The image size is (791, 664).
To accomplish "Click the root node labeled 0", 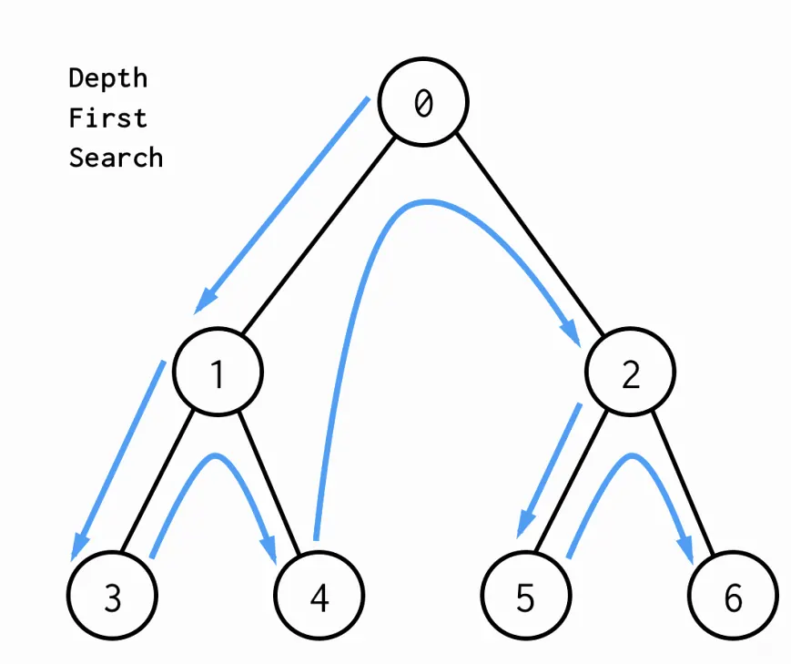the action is pos(423,102).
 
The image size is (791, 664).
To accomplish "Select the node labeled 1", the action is pos(218,372).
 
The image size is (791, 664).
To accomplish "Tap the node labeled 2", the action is pos(630,372).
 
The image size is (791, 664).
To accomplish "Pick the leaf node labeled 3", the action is pos(113,596).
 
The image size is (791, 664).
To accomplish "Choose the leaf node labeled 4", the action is pos(319,596).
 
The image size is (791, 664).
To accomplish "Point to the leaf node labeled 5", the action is pos(526,596).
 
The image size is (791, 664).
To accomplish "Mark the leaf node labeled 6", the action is pos(733,596).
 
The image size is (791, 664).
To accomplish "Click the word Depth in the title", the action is pos(108,78).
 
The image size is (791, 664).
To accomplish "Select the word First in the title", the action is pos(108,118).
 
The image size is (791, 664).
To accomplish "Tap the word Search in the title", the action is pos(116,158).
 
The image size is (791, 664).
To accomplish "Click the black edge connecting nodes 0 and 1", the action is pos(319,235).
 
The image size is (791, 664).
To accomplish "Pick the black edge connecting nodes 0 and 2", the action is pos(529,234).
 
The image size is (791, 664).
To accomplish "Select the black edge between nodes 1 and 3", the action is pos(157,480).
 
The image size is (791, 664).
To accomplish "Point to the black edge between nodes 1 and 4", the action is pos(269,484).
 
